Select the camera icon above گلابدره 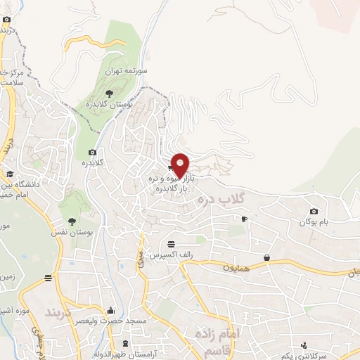92,153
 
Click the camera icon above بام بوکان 314,211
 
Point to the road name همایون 237,267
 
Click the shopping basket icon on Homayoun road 267,257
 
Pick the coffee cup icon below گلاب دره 244,219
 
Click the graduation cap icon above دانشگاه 9,174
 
